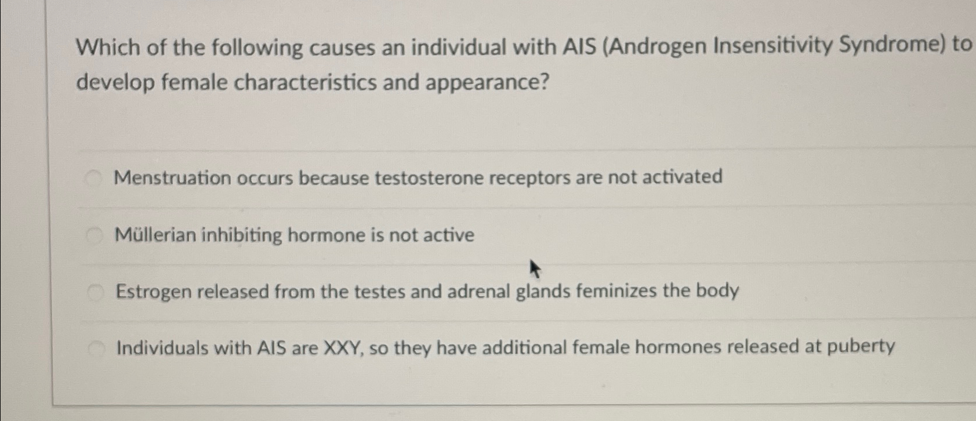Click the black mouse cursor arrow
point(535,269)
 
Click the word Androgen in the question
point(656,46)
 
